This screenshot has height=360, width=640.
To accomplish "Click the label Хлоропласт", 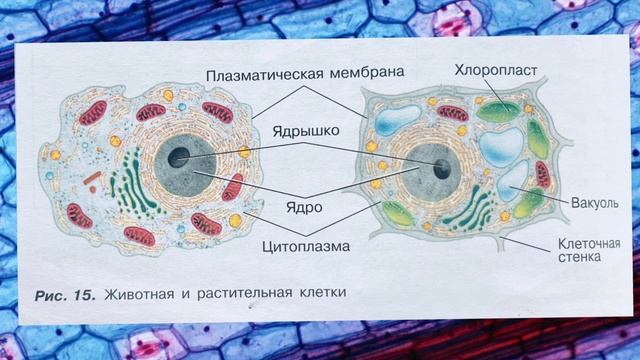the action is pos(497,72).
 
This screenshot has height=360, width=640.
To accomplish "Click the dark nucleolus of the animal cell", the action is pos(179,157).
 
